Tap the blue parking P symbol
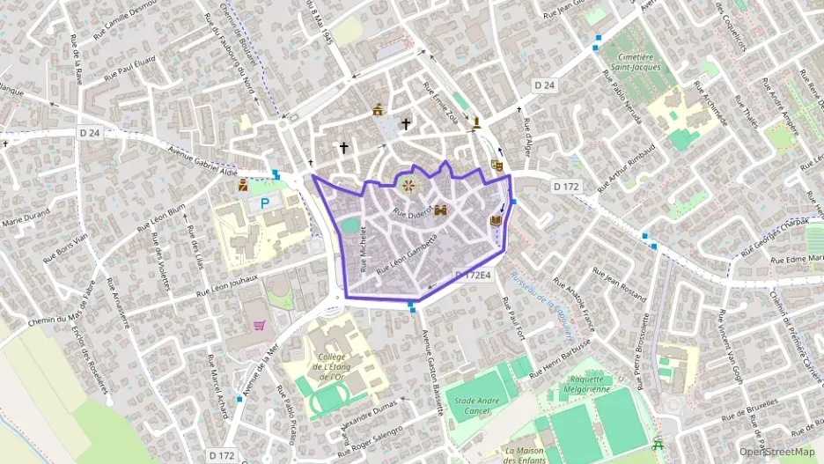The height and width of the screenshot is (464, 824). [x=265, y=203]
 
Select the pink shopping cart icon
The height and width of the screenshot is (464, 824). [x=260, y=326]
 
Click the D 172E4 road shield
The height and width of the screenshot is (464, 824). [x=472, y=276]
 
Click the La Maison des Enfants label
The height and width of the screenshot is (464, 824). [x=518, y=454]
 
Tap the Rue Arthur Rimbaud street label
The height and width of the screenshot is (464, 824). [x=627, y=166]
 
